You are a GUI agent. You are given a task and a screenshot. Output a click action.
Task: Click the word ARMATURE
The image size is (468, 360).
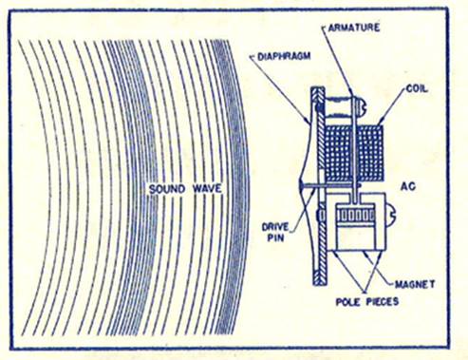[354, 28]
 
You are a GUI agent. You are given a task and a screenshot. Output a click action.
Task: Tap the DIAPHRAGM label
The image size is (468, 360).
[284, 57]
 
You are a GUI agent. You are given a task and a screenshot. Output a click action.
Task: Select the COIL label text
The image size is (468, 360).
[417, 89]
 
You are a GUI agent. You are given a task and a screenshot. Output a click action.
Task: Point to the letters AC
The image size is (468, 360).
[408, 186]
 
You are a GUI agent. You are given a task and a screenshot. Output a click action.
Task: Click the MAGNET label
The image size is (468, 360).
[415, 284]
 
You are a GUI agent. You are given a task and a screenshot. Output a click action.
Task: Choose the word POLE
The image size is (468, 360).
[347, 302]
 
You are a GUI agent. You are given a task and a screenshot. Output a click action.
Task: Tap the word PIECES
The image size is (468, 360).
[383, 302]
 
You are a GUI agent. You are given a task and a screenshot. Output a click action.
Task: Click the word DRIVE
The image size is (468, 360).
[275, 227]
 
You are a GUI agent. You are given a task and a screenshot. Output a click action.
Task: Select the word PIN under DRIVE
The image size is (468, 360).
[275, 237]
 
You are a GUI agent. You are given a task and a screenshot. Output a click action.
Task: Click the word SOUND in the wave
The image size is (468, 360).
[167, 189]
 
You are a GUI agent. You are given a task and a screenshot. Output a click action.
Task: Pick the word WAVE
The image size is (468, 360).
[207, 189]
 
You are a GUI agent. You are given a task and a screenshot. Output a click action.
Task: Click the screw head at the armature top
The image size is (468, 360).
[363, 106]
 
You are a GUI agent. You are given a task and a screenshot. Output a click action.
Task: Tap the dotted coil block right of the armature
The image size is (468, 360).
[371, 153]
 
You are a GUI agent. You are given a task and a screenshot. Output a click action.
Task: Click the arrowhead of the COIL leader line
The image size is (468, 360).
[380, 123]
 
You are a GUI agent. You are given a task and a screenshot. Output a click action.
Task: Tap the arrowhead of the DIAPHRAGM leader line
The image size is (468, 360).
[308, 121]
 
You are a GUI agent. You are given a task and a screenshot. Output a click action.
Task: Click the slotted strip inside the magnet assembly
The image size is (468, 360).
[356, 216]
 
